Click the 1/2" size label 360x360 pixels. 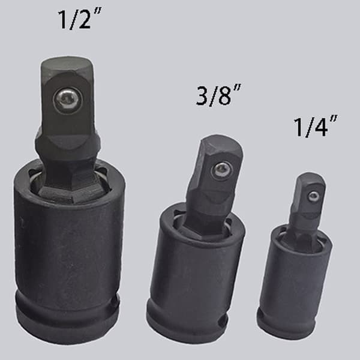pyautogui.click(x=79, y=19)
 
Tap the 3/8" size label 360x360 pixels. pyautogui.click(x=218, y=95)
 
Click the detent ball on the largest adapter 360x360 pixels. pyautogui.click(x=67, y=100)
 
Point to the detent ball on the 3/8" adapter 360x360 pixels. pyautogui.click(x=221, y=170)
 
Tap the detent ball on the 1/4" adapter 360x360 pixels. pyautogui.click(x=314, y=197)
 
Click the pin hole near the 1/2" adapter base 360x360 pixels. pyautogui.click(x=113, y=303)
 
